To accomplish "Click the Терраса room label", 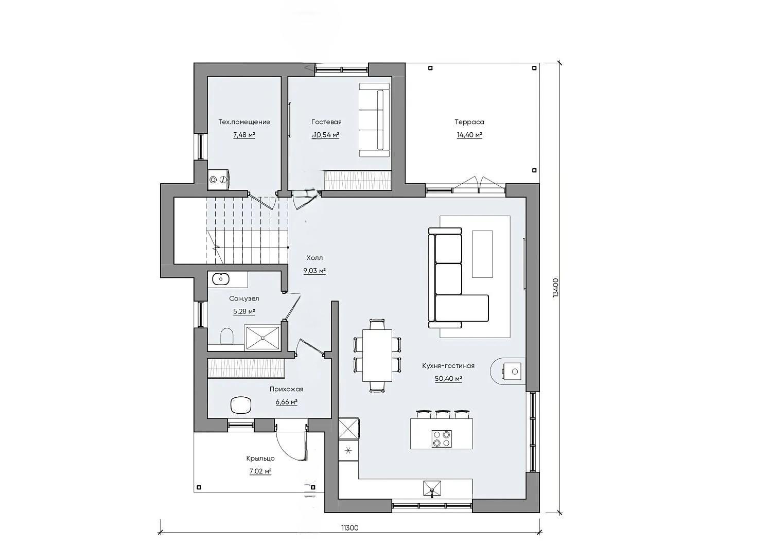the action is tap(469, 122).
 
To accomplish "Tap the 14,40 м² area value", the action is tap(469, 135).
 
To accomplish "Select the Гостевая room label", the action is tap(326, 122).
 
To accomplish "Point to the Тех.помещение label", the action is tap(244, 122).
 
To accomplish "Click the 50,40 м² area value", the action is tap(448, 378).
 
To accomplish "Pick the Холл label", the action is tap(314, 258).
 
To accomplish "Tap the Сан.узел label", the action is tap(244, 298).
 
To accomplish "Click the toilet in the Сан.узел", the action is tap(226, 336).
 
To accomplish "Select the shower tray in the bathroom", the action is tap(262, 338).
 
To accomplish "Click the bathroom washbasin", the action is tap(221, 279).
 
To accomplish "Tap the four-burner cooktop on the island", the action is tap(442, 439).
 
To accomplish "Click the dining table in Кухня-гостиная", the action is tap(377, 356).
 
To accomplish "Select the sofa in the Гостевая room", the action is tap(374, 120).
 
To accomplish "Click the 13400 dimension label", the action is tap(555, 288).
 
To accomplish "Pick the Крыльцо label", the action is tap(260, 459).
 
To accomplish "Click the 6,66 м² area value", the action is tap(286, 402).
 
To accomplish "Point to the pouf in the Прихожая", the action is tap(240, 404).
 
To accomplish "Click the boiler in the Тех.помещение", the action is tap(219, 179).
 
